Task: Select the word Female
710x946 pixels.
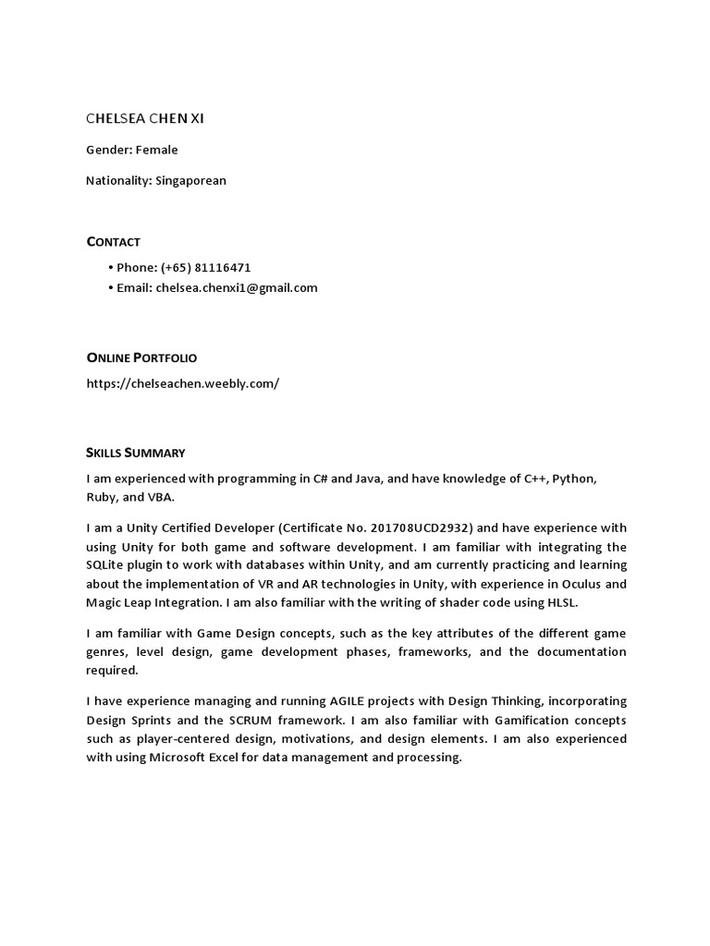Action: (x=157, y=150)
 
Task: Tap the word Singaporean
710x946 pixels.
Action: (x=191, y=180)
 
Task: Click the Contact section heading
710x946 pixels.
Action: (x=113, y=242)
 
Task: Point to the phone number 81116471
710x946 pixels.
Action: (x=223, y=267)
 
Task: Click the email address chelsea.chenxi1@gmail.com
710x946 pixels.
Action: (x=237, y=287)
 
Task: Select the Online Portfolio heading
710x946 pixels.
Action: (x=141, y=358)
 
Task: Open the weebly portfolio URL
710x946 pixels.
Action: (x=182, y=383)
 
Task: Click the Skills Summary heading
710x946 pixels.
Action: (x=136, y=453)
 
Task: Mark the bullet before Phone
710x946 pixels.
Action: (x=110, y=267)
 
